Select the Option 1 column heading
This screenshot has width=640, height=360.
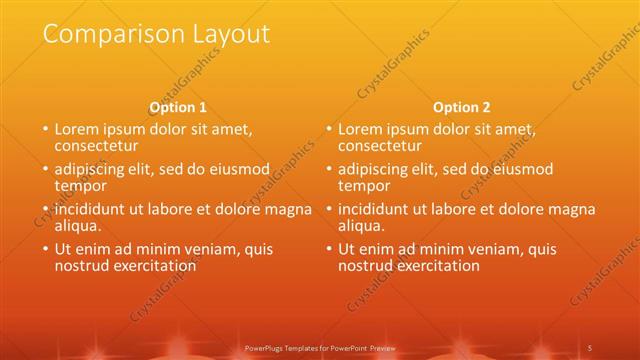click(x=178, y=107)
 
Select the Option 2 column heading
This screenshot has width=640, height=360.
click(x=462, y=107)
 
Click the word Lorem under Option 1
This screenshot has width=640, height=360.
click(x=76, y=129)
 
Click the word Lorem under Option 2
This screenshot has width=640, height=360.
click(x=360, y=129)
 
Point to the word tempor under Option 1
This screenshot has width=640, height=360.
click(x=78, y=186)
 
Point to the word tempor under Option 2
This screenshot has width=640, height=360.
click(x=362, y=186)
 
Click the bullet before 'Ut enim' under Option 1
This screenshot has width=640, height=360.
click(x=43, y=250)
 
